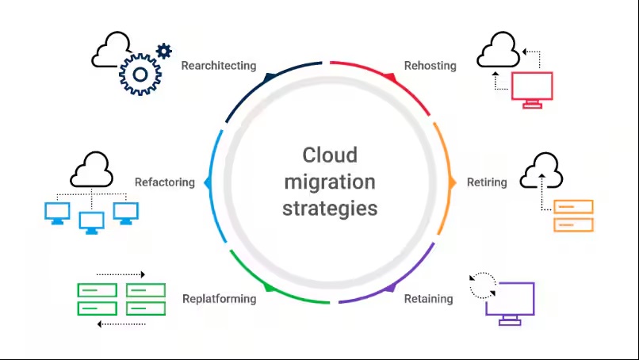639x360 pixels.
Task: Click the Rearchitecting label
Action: coord(219,66)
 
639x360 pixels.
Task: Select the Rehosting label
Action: coord(430,66)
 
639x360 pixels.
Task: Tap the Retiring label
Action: coord(486,182)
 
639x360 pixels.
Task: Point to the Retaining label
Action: coord(428,299)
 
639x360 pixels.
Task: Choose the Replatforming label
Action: coord(219,299)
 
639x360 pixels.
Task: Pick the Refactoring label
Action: coord(164,182)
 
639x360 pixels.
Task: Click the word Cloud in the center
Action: coord(330,155)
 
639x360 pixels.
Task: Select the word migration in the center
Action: coord(330,182)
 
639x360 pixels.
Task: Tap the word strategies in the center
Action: coord(330,209)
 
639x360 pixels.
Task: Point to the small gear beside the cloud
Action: coord(164,52)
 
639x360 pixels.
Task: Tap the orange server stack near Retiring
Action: coord(573,215)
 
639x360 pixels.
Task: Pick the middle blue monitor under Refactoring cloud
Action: coord(92,221)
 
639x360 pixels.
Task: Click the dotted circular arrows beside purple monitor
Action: coord(481,285)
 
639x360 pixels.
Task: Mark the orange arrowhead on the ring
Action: coord(452,182)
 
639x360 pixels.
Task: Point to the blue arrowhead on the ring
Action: coord(209,182)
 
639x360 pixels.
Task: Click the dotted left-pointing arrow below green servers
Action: coord(121,324)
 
